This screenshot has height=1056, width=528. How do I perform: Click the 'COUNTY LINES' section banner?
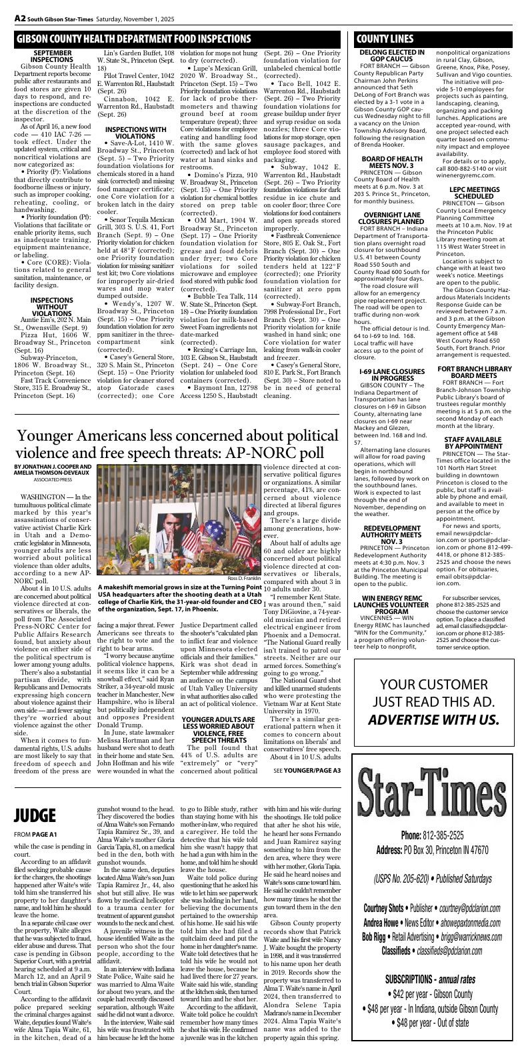[385, 39]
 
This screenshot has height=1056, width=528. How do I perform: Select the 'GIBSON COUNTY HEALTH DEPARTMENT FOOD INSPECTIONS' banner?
[134, 39]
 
